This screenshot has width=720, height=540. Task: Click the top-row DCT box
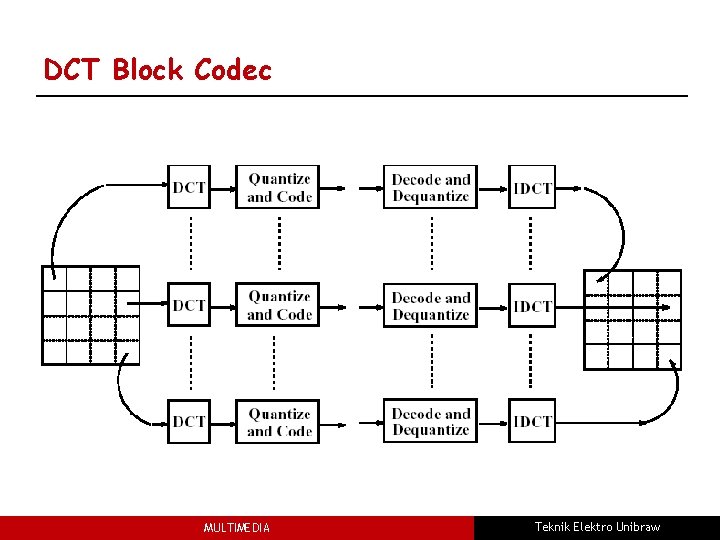pos(189,187)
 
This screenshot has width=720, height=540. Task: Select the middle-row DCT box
pos(189,304)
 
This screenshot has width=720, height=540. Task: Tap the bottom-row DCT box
pos(189,421)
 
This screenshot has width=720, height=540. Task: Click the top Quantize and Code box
pos(279,187)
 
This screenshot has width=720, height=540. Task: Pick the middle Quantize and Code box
pos(279,304)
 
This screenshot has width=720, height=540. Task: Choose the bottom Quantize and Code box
pos(279,421)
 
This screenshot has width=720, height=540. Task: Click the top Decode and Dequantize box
pos(430,187)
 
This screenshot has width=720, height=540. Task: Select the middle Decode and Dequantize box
pos(430,305)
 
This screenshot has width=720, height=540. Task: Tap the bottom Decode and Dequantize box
pos(430,421)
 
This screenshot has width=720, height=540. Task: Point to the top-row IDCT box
pos(532,187)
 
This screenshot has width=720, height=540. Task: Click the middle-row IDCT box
pos(532,305)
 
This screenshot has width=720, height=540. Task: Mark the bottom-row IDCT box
pos(532,421)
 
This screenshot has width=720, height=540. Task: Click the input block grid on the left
pos(90,315)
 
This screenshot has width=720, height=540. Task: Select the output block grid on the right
pos(632,319)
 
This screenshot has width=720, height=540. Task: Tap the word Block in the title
pos(149,70)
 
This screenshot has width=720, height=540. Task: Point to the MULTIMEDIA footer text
pos(236,528)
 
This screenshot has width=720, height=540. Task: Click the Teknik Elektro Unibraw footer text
pos(597,527)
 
